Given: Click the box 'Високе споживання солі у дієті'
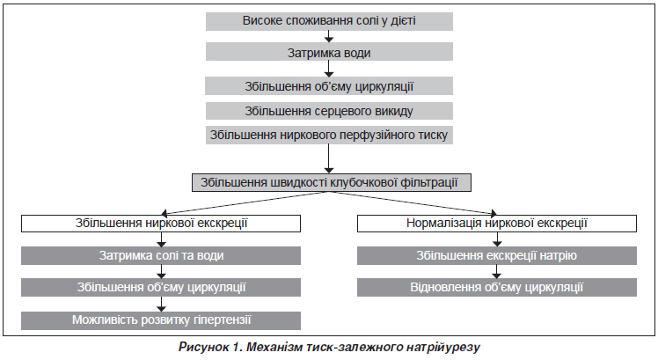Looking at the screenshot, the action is coord(329,21).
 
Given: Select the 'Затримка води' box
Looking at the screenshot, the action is coord(329,52).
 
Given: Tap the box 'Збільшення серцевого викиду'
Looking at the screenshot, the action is coord(329,111).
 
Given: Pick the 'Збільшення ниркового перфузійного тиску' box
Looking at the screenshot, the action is coord(329,135).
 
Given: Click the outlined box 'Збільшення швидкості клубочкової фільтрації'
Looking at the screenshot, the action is coord(332,183).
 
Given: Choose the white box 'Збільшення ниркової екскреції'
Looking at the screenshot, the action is coord(161,224).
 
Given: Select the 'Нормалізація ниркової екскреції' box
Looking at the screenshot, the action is coord(497,224).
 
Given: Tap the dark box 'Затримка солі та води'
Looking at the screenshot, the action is coord(161,255).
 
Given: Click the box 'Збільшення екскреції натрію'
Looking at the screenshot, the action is coord(497,255).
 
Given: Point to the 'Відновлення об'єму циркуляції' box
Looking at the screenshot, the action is coord(497,287).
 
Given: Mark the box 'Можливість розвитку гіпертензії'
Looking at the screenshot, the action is coord(161,320).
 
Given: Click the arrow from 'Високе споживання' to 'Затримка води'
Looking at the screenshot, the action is coord(329,36).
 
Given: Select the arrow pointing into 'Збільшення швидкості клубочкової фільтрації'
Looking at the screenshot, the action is coord(329,158).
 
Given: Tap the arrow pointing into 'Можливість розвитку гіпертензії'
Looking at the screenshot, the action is coord(161,305).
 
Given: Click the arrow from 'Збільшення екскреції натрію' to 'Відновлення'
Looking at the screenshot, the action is coord(497,271).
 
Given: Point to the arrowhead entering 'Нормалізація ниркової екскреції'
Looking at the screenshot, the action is coord(493,213).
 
